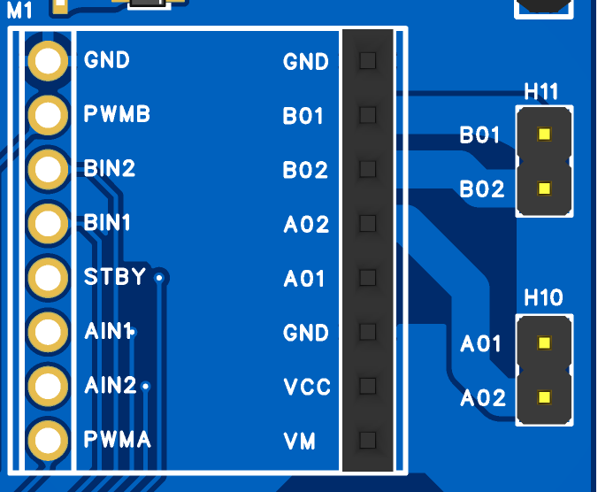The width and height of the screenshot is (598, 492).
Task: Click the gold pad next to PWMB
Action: pyautogui.click(x=48, y=115)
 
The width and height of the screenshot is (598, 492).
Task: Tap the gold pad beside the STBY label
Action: pyautogui.click(x=48, y=277)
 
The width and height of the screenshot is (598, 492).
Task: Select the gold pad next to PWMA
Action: pyautogui.click(x=48, y=440)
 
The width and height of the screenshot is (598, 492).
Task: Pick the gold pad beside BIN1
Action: pyautogui.click(x=48, y=223)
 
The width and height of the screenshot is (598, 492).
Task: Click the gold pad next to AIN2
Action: pyautogui.click(x=48, y=386)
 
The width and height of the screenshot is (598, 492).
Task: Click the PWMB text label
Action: pyautogui.click(x=117, y=113)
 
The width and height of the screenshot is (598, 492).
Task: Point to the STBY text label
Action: pyautogui.click(x=115, y=276)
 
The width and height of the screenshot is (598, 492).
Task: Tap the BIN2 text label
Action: pyautogui.click(x=110, y=168)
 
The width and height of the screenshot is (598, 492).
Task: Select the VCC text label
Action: pyautogui.click(x=307, y=387)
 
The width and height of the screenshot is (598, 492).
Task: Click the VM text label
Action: pyautogui.click(x=299, y=442)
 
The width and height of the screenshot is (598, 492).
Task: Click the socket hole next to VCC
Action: pyautogui.click(x=368, y=386)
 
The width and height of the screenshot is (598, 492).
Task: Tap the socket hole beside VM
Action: pyautogui.click(x=368, y=440)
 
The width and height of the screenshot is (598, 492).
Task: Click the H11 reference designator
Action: pyautogui.click(x=541, y=91)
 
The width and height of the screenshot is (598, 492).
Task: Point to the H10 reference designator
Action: pyautogui.click(x=543, y=297)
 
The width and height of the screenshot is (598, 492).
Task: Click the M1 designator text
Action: pyautogui.click(x=19, y=11)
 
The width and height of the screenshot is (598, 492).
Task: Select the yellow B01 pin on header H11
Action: pyautogui.click(x=544, y=134)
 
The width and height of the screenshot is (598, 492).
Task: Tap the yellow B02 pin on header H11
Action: pyautogui.click(x=544, y=188)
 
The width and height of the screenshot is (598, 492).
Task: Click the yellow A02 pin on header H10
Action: pyautogui.click(x=544, y=397)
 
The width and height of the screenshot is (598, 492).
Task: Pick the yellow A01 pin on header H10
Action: pyautogui.click(x=544, y=342)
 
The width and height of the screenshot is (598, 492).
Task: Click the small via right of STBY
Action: pyautogui.click(x=160, y=278)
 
